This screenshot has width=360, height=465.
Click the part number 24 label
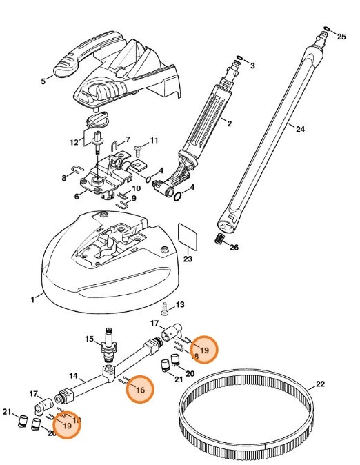point(299,129)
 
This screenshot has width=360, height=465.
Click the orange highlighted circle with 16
point(140,389)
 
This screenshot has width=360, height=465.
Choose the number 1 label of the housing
point(32,299)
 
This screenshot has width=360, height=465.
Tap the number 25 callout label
point(341,36)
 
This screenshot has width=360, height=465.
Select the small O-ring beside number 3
point(239,57)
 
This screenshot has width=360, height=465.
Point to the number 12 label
point(74,142)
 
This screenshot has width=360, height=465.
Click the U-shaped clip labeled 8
point(77,168)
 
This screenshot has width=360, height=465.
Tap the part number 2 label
point(229,124)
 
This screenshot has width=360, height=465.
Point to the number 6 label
point(76,196)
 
